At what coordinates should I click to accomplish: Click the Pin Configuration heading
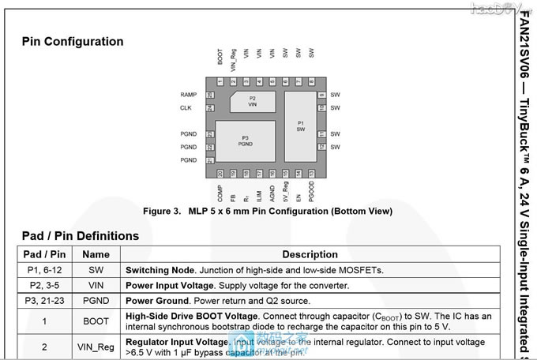click(x=73, y=41)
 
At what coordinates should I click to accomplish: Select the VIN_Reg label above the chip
click(x=233, y=61)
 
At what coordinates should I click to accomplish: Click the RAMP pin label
click(x=188, y=95)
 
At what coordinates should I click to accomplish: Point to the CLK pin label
click(x=186, y=107)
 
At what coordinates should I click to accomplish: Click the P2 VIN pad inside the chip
click(x=252, y=101)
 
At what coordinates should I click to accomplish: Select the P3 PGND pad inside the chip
click(x=245, y=141)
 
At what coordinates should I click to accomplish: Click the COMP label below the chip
click(x=220, y=194)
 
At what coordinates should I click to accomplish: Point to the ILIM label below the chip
click(x=259, y=191)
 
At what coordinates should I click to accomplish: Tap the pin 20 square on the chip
click(x=220, y=173)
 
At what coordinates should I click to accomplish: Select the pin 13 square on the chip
click(x=312, y=173)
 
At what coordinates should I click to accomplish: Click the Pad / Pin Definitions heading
click(x=80, y=235)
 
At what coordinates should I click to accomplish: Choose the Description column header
click(x=310, y=254)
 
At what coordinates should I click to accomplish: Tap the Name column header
click(x=96, y=254)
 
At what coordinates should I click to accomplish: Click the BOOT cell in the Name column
click(x=96, y=321)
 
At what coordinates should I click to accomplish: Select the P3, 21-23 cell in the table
click(x=44, y=301)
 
